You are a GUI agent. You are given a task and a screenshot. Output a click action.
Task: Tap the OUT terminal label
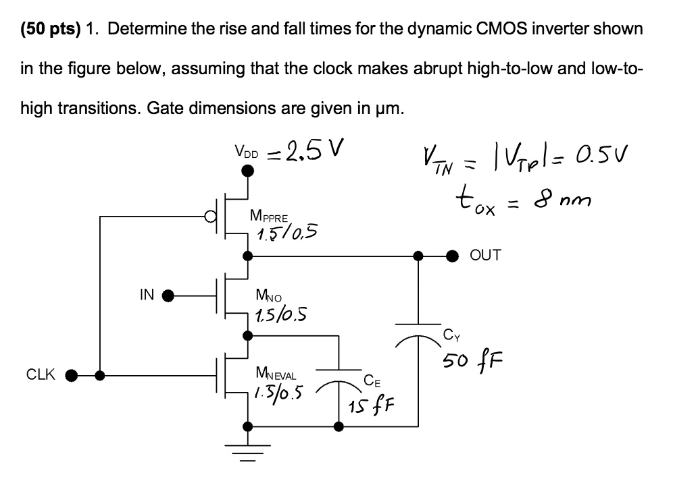[485, 255]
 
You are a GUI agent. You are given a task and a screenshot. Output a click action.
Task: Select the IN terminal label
[147, 294]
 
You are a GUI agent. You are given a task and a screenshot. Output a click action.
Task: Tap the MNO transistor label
[270, 294]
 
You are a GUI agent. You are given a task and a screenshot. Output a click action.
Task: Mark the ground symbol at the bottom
[247, 452]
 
